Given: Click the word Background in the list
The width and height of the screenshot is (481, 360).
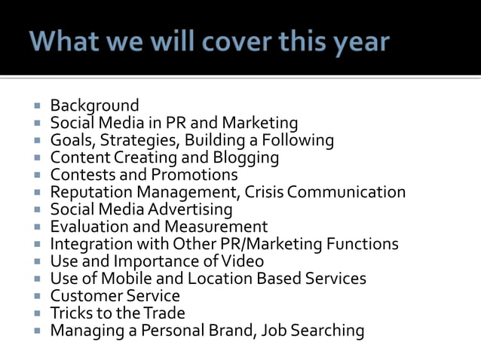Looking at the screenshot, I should tap(94, 105).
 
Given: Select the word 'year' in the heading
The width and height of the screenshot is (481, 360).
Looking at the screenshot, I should tap(360, 41).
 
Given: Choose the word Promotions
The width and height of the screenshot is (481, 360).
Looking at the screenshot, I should tap(196, 175).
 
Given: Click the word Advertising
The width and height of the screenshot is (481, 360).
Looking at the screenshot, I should tap(189, 209).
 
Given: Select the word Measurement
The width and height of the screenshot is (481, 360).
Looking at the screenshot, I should tap(222, 227).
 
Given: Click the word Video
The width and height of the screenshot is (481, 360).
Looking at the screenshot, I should tap(246, 261).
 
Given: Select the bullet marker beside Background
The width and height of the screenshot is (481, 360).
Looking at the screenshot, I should tap(38, 106).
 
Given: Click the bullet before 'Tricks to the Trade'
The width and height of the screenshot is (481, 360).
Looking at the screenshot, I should tap(38, 313).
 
